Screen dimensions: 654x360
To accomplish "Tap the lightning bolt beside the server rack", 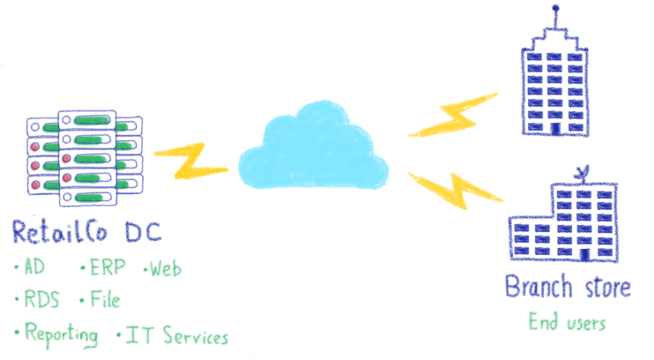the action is pyautogui.click(x=191, y=161).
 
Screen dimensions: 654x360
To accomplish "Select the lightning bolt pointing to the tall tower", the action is pyautogui.click(x=453, y=116).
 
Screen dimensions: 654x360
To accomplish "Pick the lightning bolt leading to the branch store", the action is pyautogui.click(x=455, y=190).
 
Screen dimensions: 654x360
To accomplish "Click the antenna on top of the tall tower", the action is pyautogui.click(x=556, y=17).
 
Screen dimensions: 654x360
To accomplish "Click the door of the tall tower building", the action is pyautogui.click(x=555, y=129).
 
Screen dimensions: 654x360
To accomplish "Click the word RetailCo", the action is pyautogui.click(x=59, y=232).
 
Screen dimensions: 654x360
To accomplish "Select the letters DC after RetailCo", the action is pyautogui.click(x=143, y=232).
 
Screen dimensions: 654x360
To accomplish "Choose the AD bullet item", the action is pyautogui.click(x=30, y=266).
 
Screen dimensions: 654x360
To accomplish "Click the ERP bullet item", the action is pyautogui.click(x=103, y=267).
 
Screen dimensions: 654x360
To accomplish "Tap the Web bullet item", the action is pyautogui.click(x=163, y=269).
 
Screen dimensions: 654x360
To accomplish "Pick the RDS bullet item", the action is pyautogui.click(x=38, y=299).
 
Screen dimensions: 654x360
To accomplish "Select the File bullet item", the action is pyautogui.click(x=100, y=299).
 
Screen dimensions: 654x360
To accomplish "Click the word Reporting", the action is pyautogui.click(x=57, y=334).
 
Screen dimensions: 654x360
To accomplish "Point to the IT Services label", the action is pyautogui.click(x=172, y=335).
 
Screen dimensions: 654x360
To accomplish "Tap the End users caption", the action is pyautogui.click(x=568, y=322).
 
